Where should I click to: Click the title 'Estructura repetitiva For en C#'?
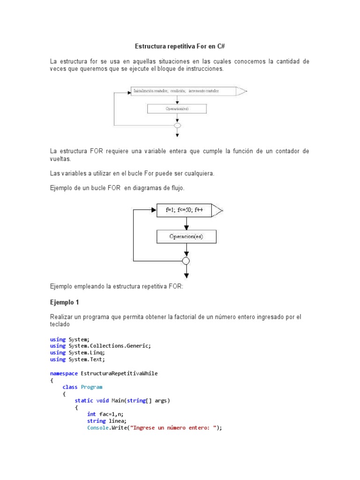point(180,47)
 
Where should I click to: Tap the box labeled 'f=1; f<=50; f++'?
point(184,210)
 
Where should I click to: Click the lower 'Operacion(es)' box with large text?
point(186,237)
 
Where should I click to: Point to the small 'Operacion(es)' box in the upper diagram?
point(177,109)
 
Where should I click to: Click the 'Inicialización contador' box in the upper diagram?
point(183,91)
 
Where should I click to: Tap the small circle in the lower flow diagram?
point(186,261)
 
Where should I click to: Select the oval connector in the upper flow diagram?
point(177,126)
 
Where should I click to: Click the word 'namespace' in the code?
point(64,374)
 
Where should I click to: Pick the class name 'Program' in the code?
point(91,387)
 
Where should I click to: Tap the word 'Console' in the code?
point(97,428)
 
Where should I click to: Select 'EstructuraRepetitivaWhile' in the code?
point(119,374)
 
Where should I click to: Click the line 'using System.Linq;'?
point(77,352)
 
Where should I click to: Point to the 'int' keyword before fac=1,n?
point(91,414)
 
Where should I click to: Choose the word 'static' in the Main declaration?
point(84,401)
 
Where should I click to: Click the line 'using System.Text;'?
point(77,360)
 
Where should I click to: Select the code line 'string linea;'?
point(107,421)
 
